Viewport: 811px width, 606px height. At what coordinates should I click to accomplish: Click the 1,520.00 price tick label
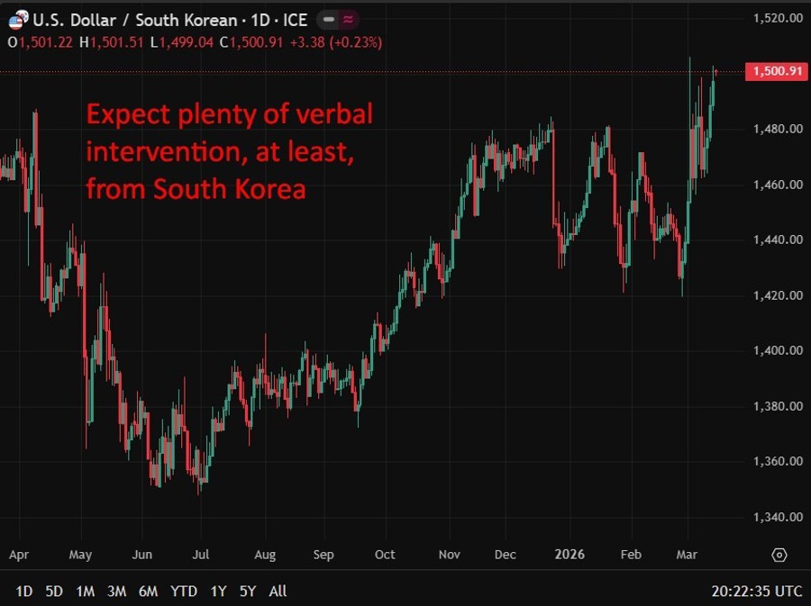(776, 17)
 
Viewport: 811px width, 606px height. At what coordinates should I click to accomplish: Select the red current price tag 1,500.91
(776, 72)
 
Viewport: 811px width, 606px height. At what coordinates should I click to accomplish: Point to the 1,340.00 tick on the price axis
(776, 517)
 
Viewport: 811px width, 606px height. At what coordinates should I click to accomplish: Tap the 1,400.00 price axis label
(776, 350)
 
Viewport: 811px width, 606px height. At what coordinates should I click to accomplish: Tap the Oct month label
(385, 555)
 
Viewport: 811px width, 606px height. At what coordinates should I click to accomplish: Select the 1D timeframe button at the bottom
(24, 592)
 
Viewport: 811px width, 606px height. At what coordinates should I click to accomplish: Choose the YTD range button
(184, 592)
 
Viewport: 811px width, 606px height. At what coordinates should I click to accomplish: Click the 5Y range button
(248, 592)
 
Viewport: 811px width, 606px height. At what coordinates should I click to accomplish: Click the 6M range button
(148, 592)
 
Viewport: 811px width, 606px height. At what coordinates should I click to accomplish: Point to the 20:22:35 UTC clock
(755, 592)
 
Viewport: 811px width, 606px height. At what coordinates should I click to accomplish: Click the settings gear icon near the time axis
(779, 555)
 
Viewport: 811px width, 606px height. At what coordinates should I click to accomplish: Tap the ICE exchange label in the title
(296, 20)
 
